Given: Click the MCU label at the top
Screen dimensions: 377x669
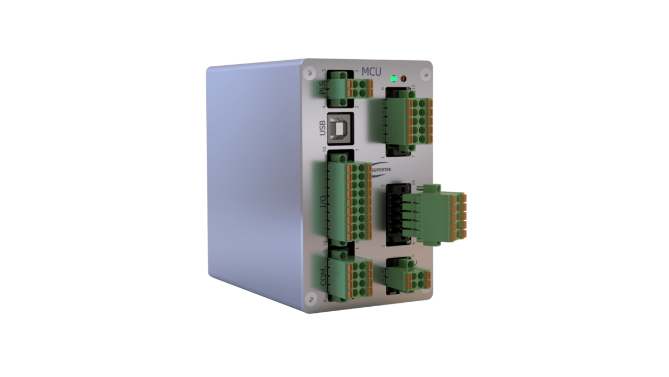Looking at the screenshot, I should tap(371, 71).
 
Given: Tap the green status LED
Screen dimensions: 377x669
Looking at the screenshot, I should tap(394, 79).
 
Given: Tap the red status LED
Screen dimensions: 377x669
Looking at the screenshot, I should tap(404, 79).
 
